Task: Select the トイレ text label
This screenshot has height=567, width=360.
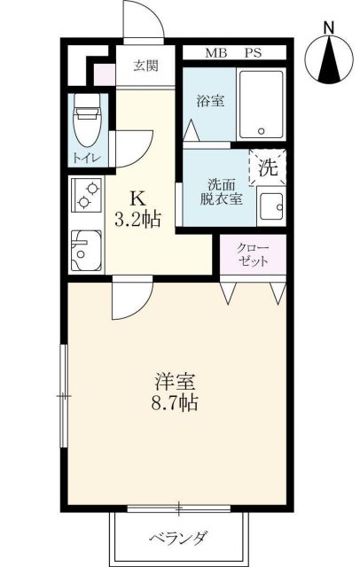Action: (86, 158)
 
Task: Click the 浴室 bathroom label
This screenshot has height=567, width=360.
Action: (208, 101)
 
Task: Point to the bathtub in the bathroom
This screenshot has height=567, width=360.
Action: (262, 105)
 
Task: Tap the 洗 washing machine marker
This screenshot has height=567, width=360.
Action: (267, 166)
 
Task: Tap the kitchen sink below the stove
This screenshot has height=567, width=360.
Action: (85, 250)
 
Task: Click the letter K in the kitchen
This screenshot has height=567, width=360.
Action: (139, 199)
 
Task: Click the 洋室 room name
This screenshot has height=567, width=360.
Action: (176, 382)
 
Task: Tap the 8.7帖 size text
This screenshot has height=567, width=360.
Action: (176, 404)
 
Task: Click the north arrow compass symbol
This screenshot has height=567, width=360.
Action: (329, 61)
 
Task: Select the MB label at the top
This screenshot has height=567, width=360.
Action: (216, 53)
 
